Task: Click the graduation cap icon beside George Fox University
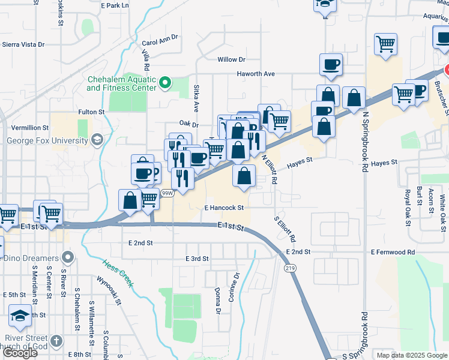[x=95, y=140]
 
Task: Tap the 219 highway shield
[x=291, y=268]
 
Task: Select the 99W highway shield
[x=167, y=193]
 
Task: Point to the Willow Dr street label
[x=232, y=59]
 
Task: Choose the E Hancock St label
[x=223, y=208]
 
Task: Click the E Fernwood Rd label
[x=393, y=252]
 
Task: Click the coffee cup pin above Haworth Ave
[x=331, y=65]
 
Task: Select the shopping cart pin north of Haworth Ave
[x=385, y=44]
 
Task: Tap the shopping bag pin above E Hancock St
[x=244, y=176]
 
